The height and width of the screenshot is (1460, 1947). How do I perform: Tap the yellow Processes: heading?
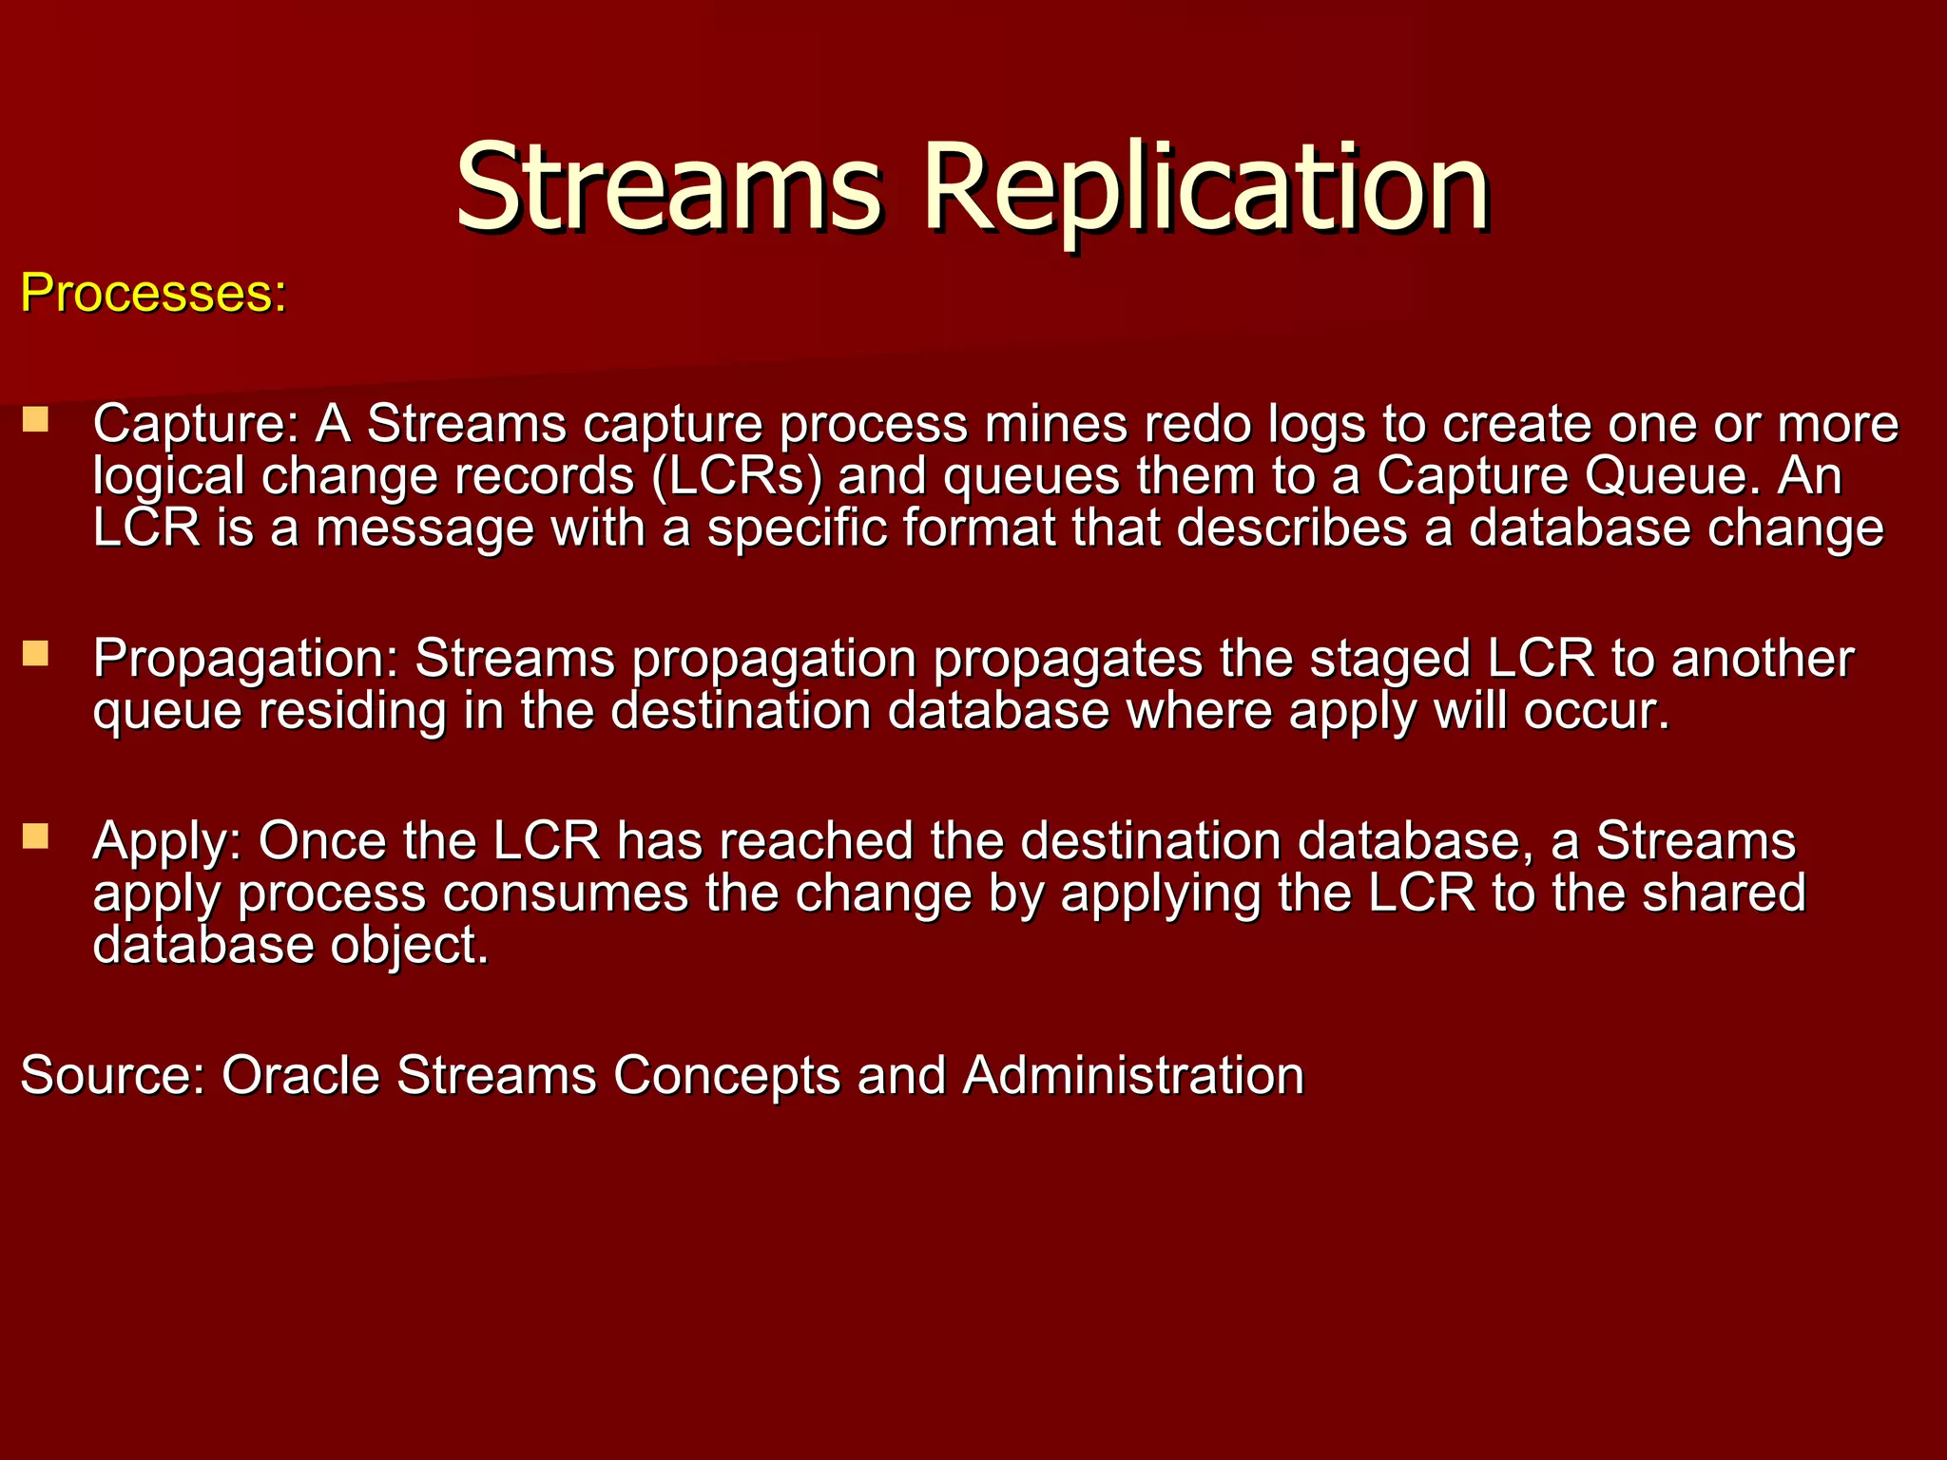pos(153,293)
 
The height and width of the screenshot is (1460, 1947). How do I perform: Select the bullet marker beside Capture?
pos(36,419)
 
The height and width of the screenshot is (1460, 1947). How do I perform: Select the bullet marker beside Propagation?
pos(36,653)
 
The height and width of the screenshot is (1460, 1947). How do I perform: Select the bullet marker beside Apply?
pos(36,836)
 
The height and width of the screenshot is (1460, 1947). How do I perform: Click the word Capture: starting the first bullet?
pos(196,424)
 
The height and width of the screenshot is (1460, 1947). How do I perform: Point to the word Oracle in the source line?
pos(300,1075)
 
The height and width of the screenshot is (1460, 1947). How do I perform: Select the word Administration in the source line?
pos(1132,1075)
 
